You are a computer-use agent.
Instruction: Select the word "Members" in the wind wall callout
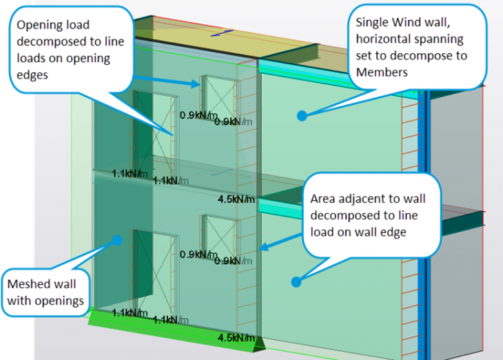pos(382,72)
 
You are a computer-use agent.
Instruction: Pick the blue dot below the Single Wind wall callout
pos(301,115)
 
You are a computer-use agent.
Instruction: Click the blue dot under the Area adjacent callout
pos(296,281)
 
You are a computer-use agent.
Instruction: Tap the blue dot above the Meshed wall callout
pos(117,240)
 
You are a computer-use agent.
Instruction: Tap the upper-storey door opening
pos(154,131)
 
